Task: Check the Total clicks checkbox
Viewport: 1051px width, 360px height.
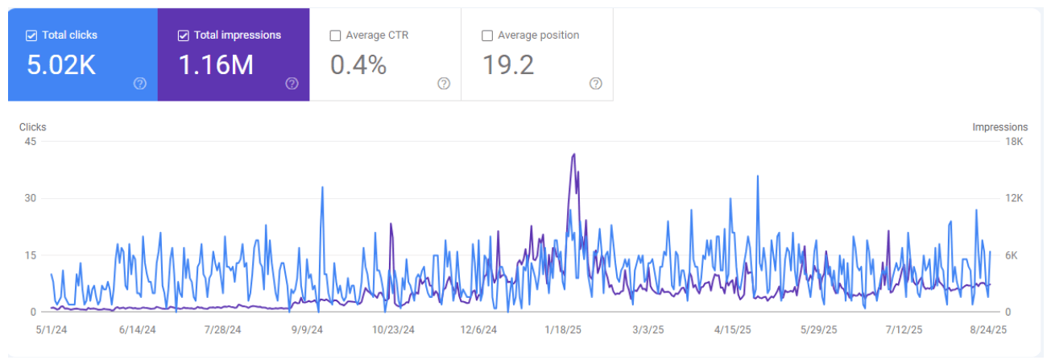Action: coord(31,35)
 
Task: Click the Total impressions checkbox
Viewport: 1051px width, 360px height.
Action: coord(183,35)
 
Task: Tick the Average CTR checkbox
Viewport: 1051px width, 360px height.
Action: coord(335,35)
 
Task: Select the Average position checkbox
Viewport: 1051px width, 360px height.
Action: coord(486,35)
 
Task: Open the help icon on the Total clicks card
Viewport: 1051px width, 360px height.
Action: coord(140,84)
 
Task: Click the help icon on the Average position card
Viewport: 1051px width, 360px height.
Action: coord(595,84)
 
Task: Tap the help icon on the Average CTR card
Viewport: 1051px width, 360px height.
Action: coord(444,84)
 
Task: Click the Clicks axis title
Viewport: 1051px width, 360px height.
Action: coord(33,127)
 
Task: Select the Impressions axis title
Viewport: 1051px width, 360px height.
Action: coord(999,127)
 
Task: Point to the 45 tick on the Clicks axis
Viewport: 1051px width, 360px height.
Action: coord(31,142)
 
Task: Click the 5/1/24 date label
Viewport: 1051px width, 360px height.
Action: coord(51,329)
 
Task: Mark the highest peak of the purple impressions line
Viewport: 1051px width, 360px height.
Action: coord(573,154)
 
